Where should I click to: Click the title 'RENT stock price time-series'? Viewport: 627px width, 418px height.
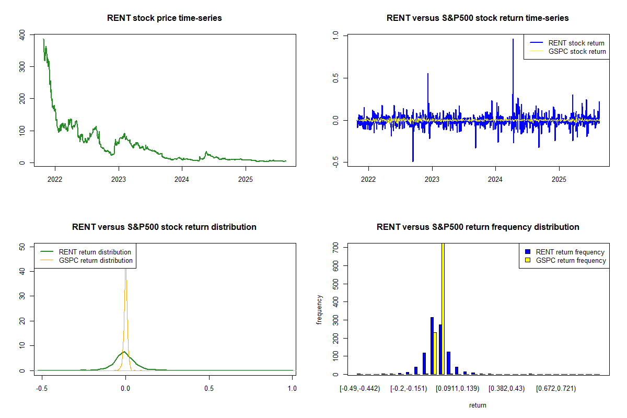coord(165,18)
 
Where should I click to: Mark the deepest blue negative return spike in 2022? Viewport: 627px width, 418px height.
coord(413,160)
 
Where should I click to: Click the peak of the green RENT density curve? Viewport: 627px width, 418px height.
coord(124,352)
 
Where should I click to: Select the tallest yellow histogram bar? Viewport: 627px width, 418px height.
coord(443,308)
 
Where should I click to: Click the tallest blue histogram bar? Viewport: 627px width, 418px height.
coord(432,345)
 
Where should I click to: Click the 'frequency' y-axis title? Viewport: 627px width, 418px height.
coord(319,310)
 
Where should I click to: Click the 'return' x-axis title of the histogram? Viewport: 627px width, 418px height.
coord(478,405)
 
